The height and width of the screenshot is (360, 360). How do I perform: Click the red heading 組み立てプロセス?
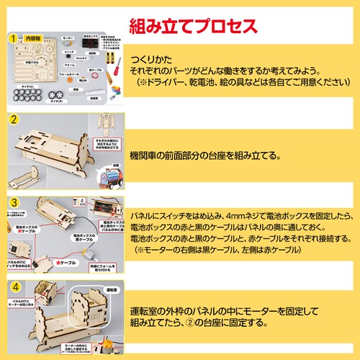point(192,27)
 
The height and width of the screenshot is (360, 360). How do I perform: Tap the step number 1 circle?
point(13,36)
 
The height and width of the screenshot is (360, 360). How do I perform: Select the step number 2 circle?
point(13,120)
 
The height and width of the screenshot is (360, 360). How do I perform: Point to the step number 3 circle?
point(13,202)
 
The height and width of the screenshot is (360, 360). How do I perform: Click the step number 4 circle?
point(13,286)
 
